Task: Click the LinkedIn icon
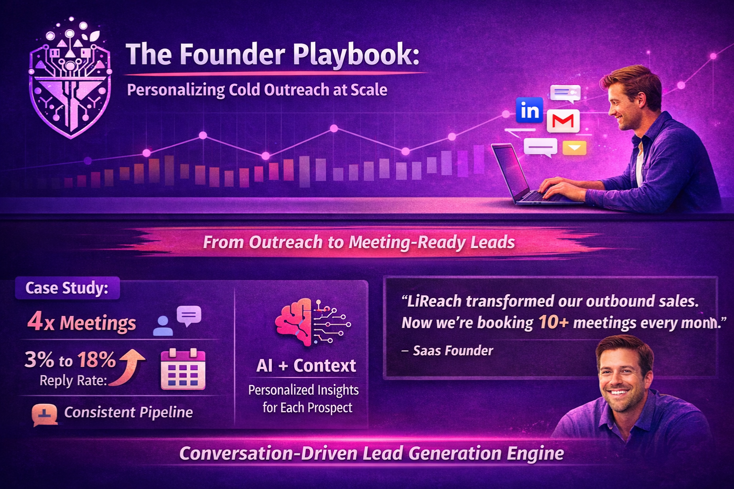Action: tap(529, 110)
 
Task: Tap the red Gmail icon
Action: tap(563, 121)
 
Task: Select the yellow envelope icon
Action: tap(574, 148)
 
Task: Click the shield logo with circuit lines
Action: tap(70, 79)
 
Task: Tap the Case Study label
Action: tap(67, 288)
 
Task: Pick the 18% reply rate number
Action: tap(97, 360)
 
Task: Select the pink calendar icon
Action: tap(183, 369)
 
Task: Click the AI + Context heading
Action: tap(306, 365)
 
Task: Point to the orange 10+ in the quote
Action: tap(553, 323)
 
